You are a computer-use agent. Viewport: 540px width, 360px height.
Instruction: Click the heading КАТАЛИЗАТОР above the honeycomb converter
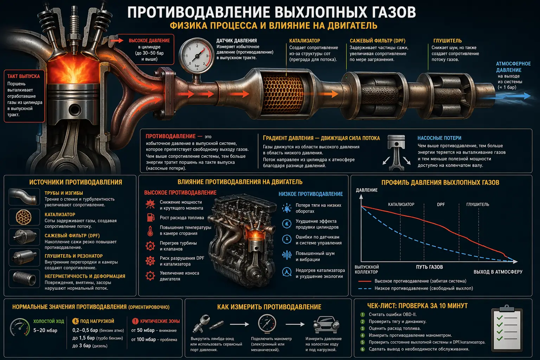(x=304, y=41)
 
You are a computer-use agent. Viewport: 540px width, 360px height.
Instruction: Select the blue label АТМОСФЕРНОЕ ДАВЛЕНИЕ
(x=513, y=67)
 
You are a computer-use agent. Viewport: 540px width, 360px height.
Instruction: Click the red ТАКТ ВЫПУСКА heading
(x=24, y=76)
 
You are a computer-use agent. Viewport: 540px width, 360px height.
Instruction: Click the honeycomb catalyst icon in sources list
(x=24, y=217)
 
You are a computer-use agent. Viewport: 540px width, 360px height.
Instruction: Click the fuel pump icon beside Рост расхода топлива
(x=150, y=217)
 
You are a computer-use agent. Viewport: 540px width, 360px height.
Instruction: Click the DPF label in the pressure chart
(x=441, y=204)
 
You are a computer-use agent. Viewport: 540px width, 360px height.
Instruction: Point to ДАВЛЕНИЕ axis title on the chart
(x=367, y=190)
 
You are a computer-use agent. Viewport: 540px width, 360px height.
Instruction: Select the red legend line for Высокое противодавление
(x=365, y=281)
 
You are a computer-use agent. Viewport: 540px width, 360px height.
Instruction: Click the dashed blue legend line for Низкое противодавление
(x=365, y=289)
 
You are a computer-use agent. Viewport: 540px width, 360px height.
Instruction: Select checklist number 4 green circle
(x=363, y=335)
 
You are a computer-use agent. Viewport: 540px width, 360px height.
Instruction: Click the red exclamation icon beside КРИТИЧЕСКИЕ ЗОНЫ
(x=135, y=321)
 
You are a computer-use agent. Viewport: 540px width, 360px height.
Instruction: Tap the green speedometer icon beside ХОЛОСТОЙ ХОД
(x=20, y=327)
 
